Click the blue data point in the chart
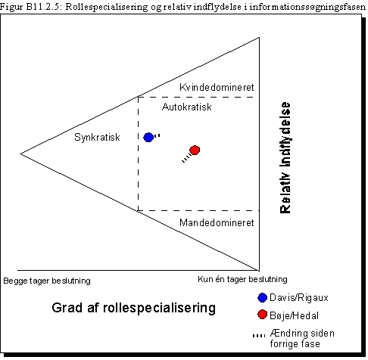click(x=148, y=138)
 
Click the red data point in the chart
click(x=195, y=151)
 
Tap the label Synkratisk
click(x=97, y=138)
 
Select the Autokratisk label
click(x=187, y=107)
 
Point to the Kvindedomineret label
click(x=217, y=88)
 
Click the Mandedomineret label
click(x=217, y=223)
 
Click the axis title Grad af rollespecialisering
click(x=134, y=309)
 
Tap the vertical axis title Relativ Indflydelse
click(x=285, y=158)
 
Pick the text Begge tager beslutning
click(x=47, y=281)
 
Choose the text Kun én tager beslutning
click(x=242, y=279)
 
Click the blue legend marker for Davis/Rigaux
click(x=263, y=298)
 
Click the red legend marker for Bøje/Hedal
click(x=263, y=315)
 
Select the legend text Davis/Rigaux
click(x=299, y=298)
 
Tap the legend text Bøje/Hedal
click(x=295, y=315)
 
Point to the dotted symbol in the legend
click(x=259, y=336)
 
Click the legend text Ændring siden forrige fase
click(x=302, y=338)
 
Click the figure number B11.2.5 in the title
click(x=44, y=7)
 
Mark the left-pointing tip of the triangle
click(x=20, y=154)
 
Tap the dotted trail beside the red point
click(x=186, y=159)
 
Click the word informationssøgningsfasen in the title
click(x=307, y=7)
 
